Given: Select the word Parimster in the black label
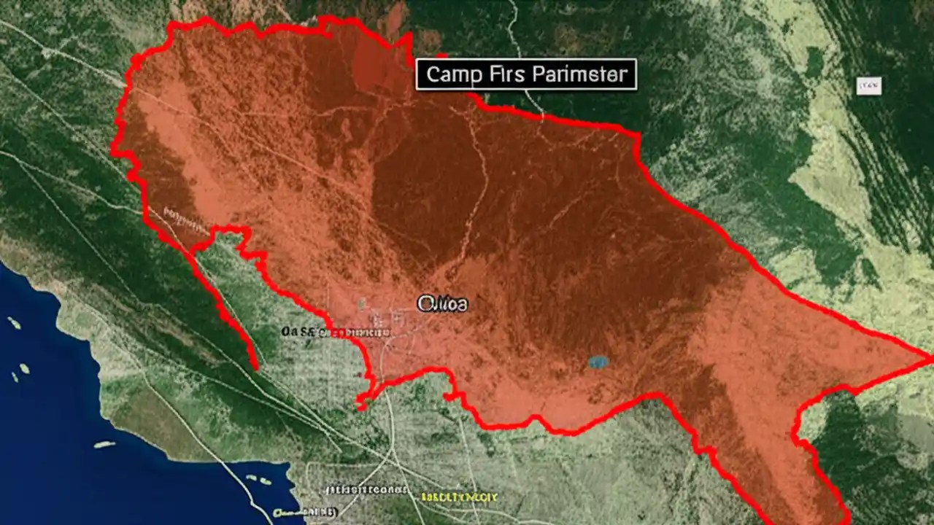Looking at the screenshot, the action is click(579, 74).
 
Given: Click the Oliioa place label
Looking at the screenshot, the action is click(442, 303).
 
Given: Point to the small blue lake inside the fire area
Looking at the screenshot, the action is click(598, 362).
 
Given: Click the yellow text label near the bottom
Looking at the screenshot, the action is click(459, 497).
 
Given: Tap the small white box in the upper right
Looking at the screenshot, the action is click(868, 86).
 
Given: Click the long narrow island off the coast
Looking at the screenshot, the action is click(104, 444).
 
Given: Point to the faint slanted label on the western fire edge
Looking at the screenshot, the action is click(185, 214).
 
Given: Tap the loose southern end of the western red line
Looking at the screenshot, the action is click(255, 367).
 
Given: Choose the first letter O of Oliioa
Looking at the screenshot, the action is click(424, 303).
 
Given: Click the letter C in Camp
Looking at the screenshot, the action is click(432, 74).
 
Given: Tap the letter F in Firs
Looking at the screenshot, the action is click(496, 74).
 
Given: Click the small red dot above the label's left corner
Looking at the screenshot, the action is click(441, 55).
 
